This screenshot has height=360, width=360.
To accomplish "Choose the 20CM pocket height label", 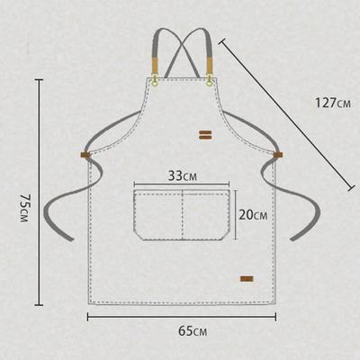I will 253,215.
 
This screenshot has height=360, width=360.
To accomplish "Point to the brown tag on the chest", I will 205,135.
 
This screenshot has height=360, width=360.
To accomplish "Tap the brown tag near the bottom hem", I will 246,277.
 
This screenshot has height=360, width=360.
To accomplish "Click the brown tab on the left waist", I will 85,157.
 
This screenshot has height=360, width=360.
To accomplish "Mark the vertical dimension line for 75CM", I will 40,193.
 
